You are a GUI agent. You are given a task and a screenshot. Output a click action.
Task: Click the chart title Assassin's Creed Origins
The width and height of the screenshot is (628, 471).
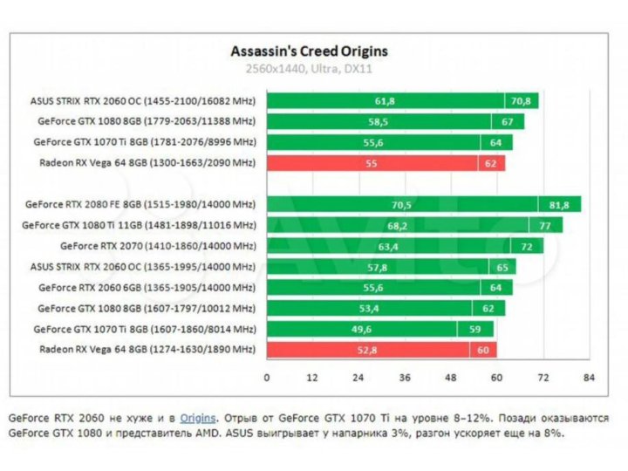pos(309,51)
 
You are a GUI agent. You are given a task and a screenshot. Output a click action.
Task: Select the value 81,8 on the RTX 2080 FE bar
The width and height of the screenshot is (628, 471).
pos(559,204)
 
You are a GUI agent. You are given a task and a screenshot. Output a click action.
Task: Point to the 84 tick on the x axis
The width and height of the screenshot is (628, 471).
pos(589,379)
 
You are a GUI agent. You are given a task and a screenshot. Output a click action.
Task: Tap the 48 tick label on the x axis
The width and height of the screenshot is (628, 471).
pos(451,379)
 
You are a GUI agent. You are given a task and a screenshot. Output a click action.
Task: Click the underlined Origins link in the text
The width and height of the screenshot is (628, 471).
pos(197,418)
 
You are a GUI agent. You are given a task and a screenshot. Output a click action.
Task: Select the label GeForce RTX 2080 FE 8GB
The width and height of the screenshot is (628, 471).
pos(139,204)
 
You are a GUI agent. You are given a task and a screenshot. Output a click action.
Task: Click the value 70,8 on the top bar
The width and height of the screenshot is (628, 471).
pos(522,100)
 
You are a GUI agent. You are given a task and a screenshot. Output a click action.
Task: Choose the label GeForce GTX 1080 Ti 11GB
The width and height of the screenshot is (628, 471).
pos(139,225)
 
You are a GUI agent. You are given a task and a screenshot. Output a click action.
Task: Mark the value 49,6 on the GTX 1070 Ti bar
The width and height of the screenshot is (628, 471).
pos(361,329)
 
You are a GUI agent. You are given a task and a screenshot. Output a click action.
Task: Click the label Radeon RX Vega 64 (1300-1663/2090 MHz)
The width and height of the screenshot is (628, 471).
pos(147,162)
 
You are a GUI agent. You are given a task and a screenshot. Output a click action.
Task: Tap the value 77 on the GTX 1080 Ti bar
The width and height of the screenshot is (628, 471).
pos(544,225)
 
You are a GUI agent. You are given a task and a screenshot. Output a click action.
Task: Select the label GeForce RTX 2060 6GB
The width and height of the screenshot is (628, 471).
pos(147,287)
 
